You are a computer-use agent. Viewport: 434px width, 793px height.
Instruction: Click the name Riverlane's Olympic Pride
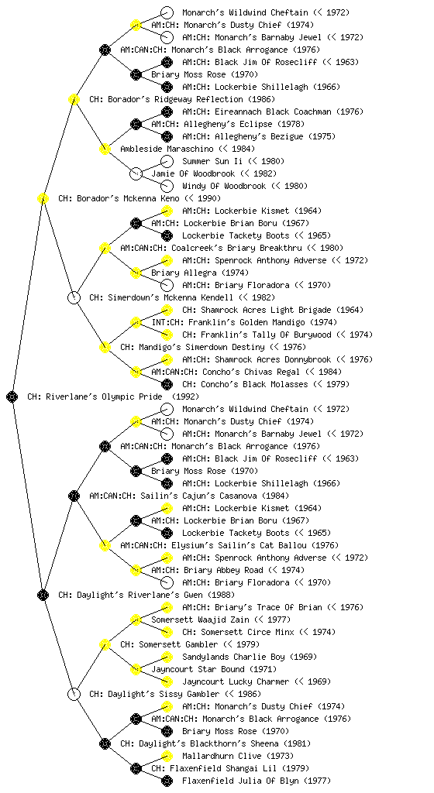point(104,397)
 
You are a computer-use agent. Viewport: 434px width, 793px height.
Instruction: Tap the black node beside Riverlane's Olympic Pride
point(12,397)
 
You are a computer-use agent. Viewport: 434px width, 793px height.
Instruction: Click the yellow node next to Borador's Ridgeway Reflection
point(74,100)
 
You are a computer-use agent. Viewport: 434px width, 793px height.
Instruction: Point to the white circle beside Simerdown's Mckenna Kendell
point(74,298)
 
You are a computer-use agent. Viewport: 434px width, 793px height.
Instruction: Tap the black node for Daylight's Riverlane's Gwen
point(43,596)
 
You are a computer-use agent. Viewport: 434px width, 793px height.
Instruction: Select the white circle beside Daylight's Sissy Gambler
point(74,695)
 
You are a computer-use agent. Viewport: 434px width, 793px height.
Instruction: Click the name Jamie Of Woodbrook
point(193,174)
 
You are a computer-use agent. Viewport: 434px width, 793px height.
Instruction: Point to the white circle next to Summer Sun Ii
point(167,161)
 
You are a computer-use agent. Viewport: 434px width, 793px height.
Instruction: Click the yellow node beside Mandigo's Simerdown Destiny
point(105,348)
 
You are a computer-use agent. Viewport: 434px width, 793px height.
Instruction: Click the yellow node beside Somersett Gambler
point(105,645)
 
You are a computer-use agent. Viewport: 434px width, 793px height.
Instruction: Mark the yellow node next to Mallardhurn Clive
point(167,756)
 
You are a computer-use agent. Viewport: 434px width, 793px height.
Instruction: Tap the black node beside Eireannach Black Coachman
point(167,112)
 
